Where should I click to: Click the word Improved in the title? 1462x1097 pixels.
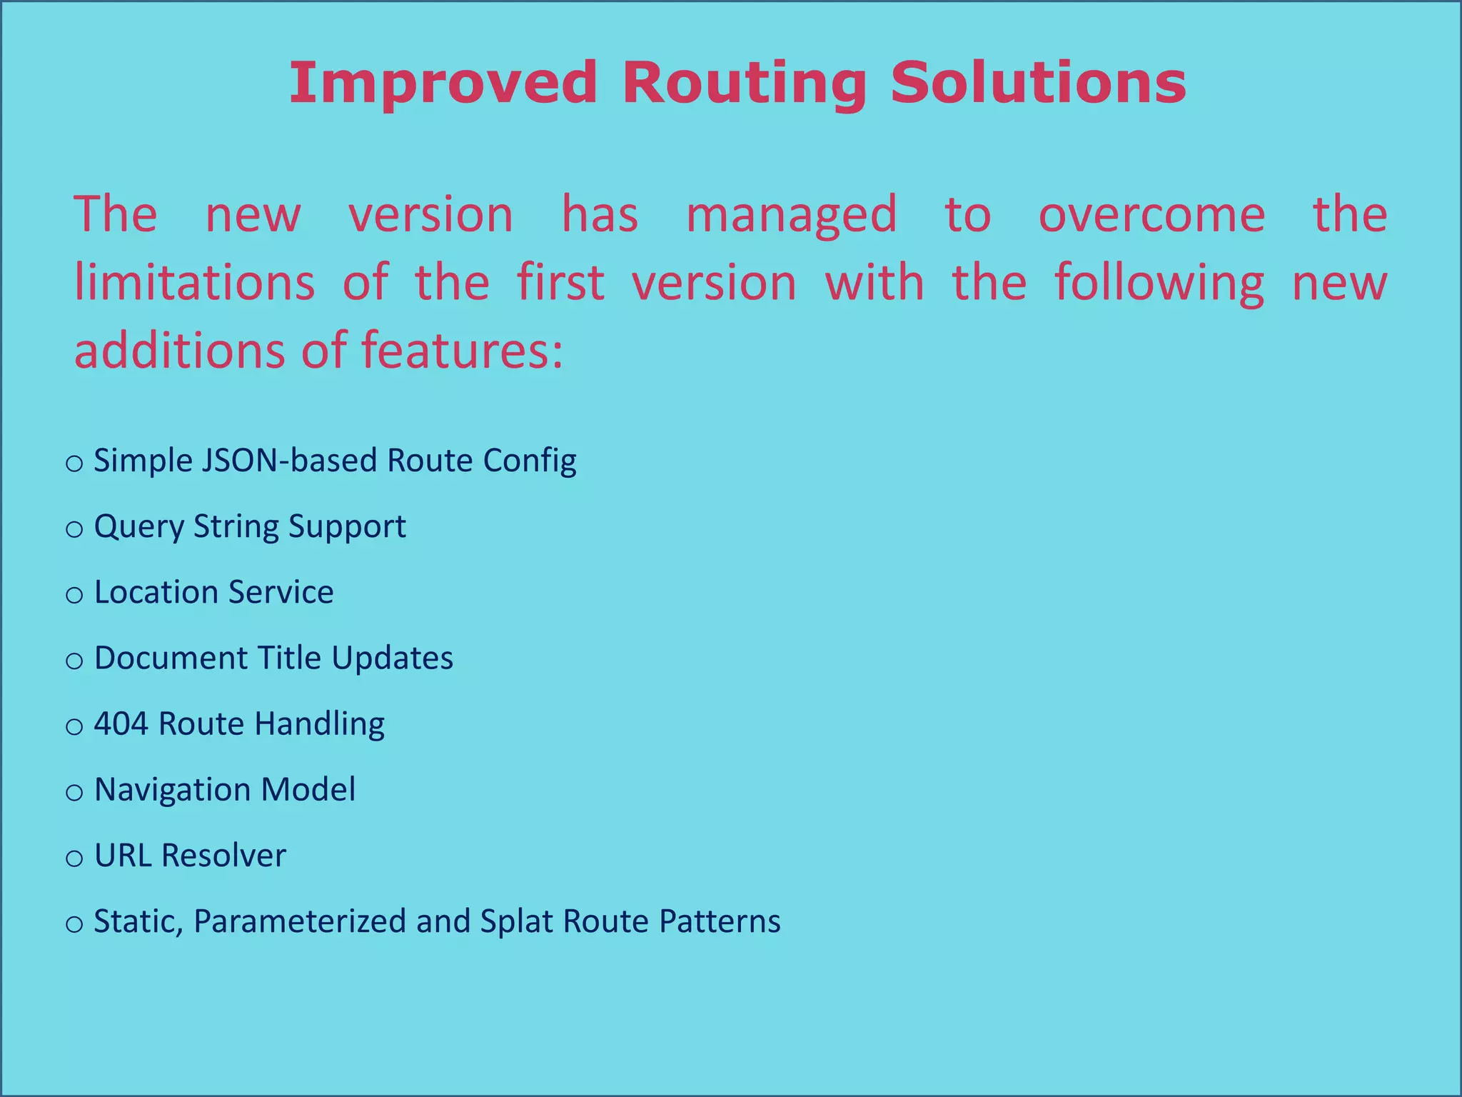[x=443, y=84]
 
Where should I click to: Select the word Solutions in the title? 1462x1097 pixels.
[x=1038, y=84]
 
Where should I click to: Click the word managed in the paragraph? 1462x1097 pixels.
[x=791, y=216]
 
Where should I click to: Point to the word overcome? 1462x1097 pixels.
[x=1151, y=214]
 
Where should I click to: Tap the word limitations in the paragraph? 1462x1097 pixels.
[x=194, y=282]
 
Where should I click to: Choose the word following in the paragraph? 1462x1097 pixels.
[x=1159, y=284]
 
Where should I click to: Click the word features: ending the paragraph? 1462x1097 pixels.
[x=462, y=351]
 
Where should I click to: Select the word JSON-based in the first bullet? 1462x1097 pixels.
[x=288, y=461]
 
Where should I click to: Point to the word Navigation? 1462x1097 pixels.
[x=172, y=790]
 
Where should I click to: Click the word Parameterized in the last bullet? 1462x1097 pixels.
[x=300, y=922]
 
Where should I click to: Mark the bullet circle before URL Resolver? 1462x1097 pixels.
[x=74, y=858]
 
